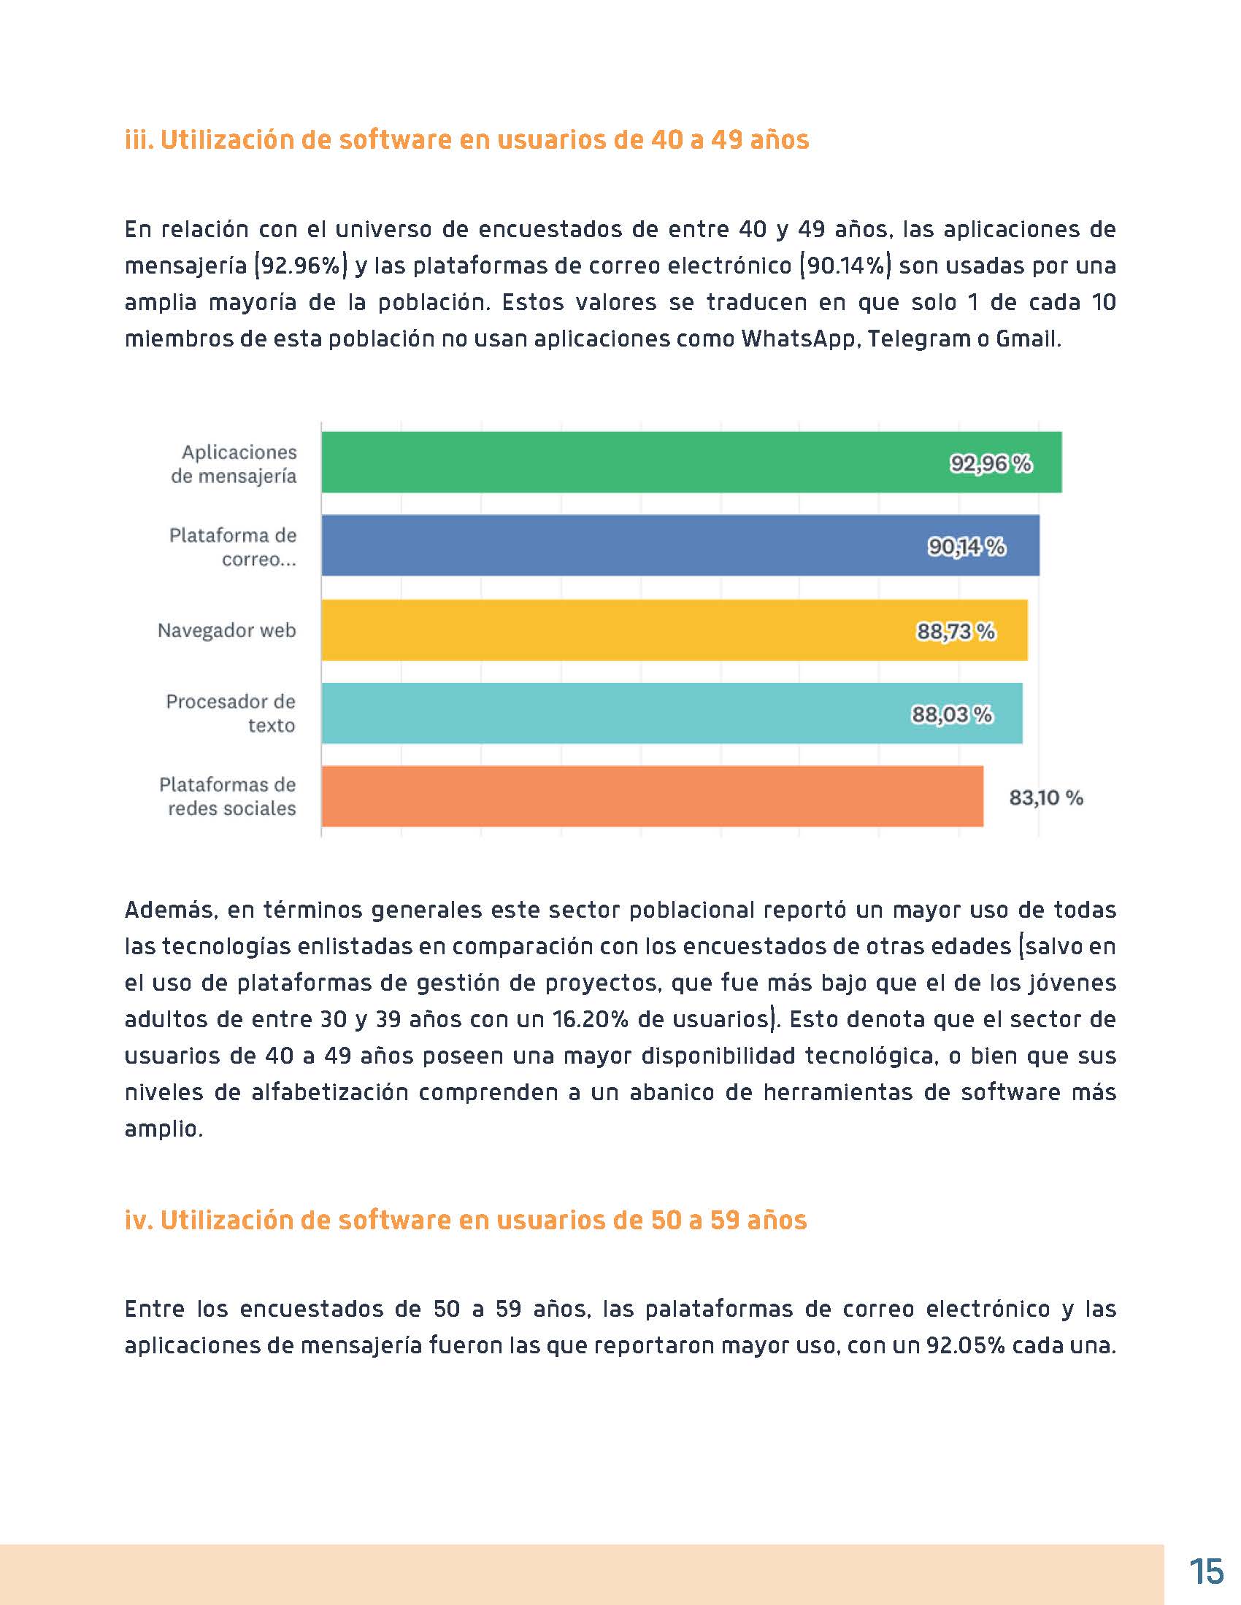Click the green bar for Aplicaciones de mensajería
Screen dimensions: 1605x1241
click(632, 463)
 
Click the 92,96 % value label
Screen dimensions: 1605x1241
click(991, 464)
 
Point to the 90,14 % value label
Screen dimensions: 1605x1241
click(966, 546)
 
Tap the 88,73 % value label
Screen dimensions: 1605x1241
click(955, 631)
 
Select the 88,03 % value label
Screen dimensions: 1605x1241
click(951, 714)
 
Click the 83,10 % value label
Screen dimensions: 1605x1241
click(1045, 798)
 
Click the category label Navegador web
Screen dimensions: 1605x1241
click(226, 630)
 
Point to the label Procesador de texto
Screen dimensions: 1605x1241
click(231, 713)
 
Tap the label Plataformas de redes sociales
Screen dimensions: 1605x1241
click(228, 797)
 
